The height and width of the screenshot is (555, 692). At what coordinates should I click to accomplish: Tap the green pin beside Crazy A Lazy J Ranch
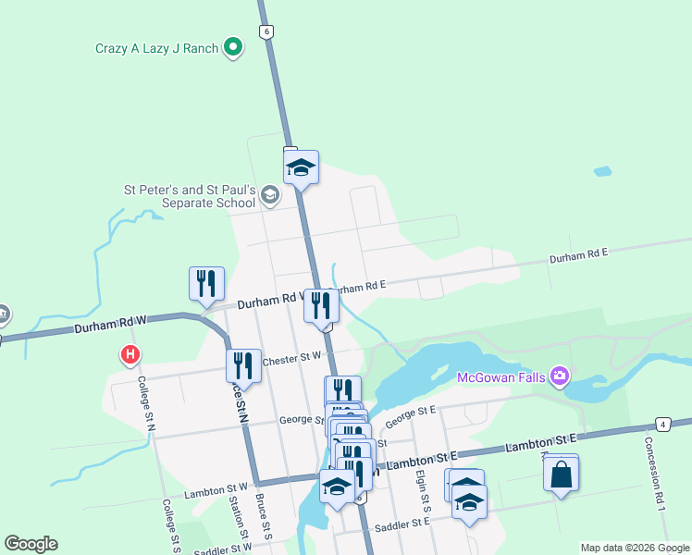coord(233,45)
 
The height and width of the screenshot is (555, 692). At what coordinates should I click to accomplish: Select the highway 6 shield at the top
coord(266,31)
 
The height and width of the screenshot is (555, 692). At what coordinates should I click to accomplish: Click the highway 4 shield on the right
coord(663,424)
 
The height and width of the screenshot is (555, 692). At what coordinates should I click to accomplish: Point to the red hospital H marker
coord(131,353)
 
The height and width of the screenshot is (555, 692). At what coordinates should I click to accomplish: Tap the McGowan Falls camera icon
coord(559,376)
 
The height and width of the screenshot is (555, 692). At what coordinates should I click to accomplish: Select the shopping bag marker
coord(561,475)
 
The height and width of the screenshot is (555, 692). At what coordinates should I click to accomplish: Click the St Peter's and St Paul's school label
coord(190,196)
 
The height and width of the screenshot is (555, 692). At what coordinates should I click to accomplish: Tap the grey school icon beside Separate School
coord(269,194)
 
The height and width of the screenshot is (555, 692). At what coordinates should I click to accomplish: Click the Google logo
coord(31,544)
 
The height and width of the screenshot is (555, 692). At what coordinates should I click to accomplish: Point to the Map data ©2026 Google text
coord(634,548)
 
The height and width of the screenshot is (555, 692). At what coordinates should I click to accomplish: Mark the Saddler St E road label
coord(402,525)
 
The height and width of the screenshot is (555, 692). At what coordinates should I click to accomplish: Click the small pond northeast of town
coord(602,172)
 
